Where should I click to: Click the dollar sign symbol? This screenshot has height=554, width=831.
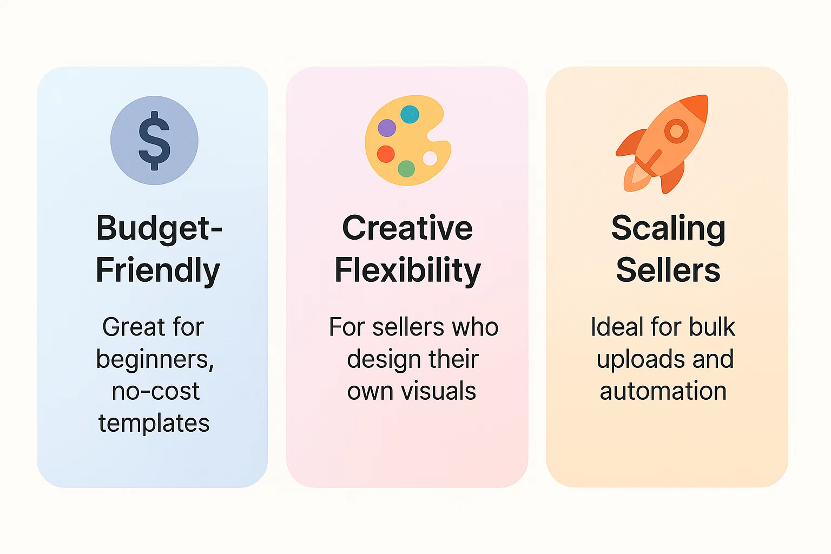pyautogui.click(x=154, y=141)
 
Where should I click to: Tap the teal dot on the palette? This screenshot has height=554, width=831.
pyautogui.click(x=410, y=114)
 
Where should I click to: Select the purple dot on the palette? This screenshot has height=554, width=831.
pyautogui.click(x=387, y=128)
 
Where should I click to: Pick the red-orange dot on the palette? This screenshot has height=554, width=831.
pyautogui.click(x=386, y=154)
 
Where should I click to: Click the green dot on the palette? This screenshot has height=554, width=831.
pyautogui.click(x=406, y=169)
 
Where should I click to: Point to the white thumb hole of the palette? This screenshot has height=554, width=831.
pyautogui.click(x=430, y=158)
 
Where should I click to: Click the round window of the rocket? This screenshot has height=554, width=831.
pyautogui.click(x=676, y=131)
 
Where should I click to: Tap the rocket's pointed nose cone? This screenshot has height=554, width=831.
pyautogui.click(x=698, y=104)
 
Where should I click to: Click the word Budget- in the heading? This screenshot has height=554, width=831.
pyautogui.click(x=159, y=228)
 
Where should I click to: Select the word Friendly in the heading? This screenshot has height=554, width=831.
pyautogui.click(x=158, y=270)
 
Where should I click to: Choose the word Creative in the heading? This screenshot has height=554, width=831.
pyautogui.click(x=407, y=228)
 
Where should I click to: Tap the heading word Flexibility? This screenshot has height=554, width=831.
pyautogui.click(x=407, y=270)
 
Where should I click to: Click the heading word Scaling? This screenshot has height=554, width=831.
pyautogui.click(x=668, y=228)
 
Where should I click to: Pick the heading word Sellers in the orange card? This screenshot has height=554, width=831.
pyautogui.click(x=668, y=270)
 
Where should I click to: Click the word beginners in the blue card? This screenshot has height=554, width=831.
pyautogui.click(x=154, y=359)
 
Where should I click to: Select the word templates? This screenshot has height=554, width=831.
pyautogui.click(x=154, y=423)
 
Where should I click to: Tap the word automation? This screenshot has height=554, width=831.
pyautogui.click(x=663, y=391)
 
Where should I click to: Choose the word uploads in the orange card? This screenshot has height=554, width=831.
pyautogui.click(x=633, y=359)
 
